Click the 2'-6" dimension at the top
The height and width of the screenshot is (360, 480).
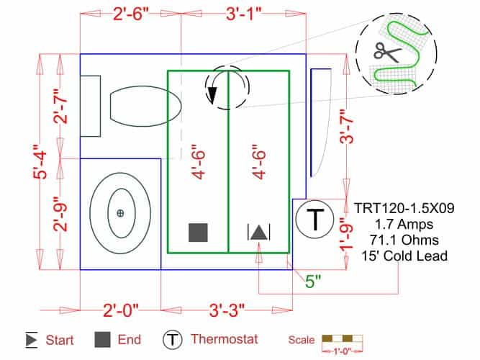coord(130,14)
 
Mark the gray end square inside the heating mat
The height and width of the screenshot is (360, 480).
coord(198,232)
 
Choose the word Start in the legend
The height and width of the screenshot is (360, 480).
coord(60,339)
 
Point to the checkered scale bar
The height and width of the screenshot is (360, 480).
coord(341,338)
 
